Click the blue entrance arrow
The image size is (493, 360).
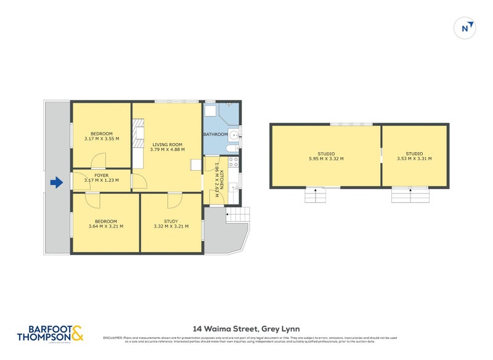[x=56, y=182]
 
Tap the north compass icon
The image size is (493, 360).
[x=467, y=28]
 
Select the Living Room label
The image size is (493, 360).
[x=167, y=147]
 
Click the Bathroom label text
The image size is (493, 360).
[x=216, y=134]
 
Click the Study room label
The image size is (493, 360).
[x=171, y=224]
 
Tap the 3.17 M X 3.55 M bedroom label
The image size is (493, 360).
[x=102, y=136]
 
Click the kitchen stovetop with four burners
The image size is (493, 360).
[x=234, y=163]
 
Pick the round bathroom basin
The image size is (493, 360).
[x=234, y=134]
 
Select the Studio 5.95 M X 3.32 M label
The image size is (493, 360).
[x=326, y=156]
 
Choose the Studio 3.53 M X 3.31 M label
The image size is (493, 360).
[x=414, y=156]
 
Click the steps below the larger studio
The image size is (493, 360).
[x=316, y=195]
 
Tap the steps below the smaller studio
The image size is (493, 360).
[x=411, y=195]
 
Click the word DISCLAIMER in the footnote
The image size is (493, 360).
[x=113, y=338]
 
